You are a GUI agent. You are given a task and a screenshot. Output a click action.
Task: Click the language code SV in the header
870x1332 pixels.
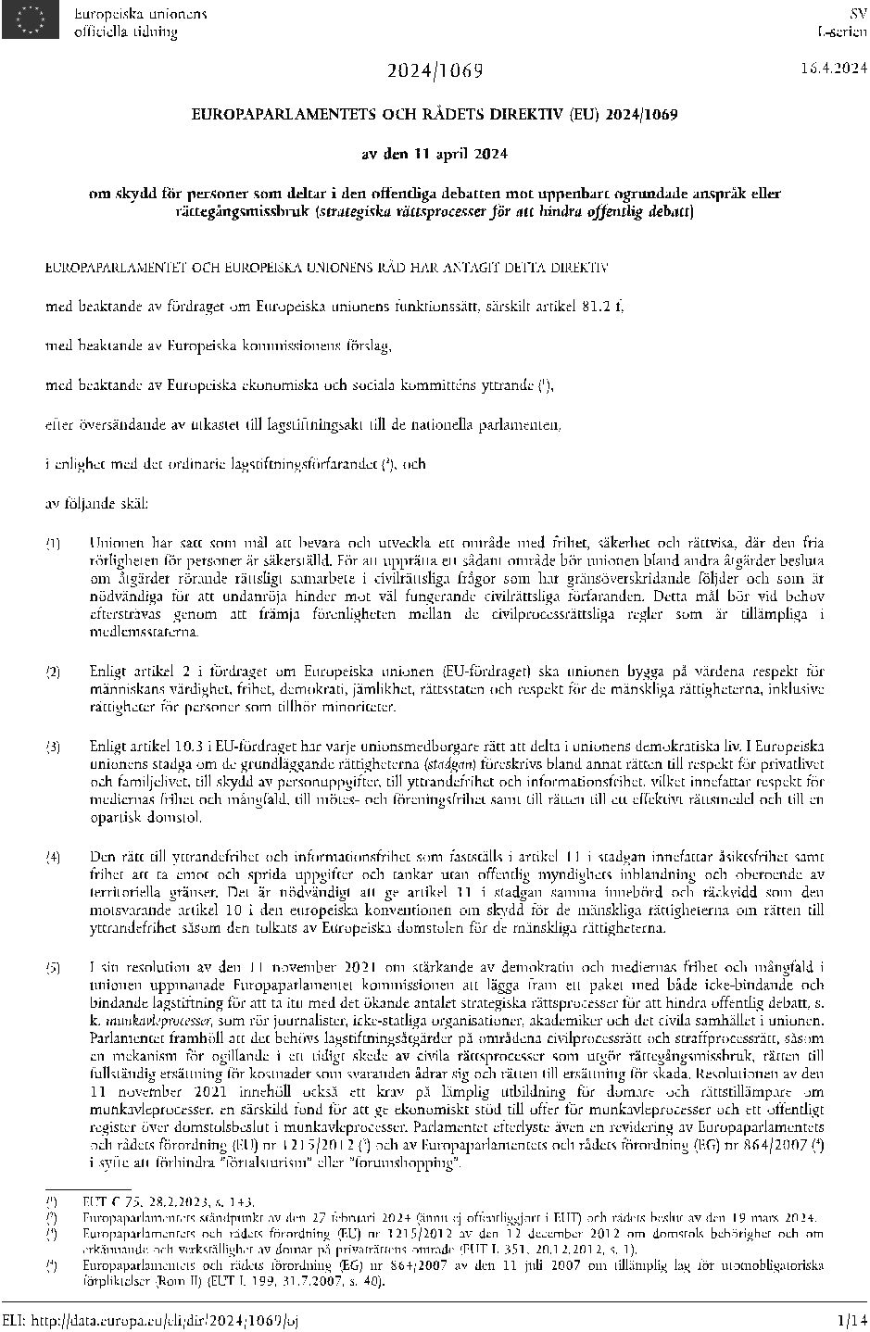tap(857, 14)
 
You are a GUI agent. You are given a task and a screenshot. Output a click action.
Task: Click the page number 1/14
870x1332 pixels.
tap(849, 1316)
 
